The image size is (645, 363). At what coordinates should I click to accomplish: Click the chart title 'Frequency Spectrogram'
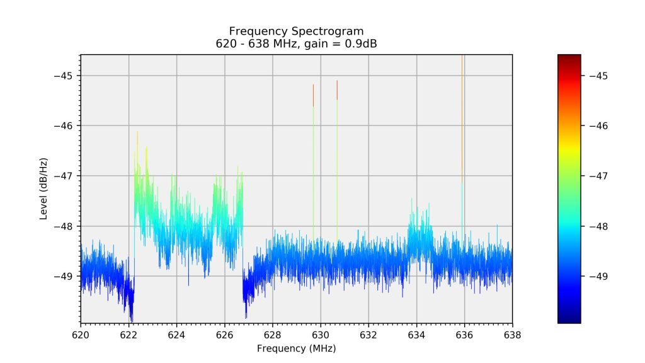click(296, 31)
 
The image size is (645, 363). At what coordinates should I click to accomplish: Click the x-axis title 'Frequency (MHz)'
click(296, 349)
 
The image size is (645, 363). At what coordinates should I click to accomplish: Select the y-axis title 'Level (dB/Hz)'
click(44, 188)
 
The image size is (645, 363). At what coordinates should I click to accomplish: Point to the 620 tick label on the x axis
click(81, 335)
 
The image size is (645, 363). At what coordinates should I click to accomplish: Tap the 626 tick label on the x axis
click(225, 335)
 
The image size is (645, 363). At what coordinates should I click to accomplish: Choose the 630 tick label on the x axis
click(321, 335)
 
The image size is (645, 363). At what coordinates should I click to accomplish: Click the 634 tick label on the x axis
click(416, 335)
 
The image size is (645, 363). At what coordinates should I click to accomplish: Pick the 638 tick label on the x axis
click(512, 335)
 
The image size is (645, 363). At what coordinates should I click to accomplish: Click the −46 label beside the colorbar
click(598, 126)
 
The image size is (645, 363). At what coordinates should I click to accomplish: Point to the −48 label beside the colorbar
click(598, 226)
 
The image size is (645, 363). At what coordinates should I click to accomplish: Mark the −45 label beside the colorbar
click(598, 76)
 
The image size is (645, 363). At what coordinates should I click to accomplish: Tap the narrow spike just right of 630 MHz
click(337, 158)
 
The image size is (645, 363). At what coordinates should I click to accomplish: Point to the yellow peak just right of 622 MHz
click(137, 135)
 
